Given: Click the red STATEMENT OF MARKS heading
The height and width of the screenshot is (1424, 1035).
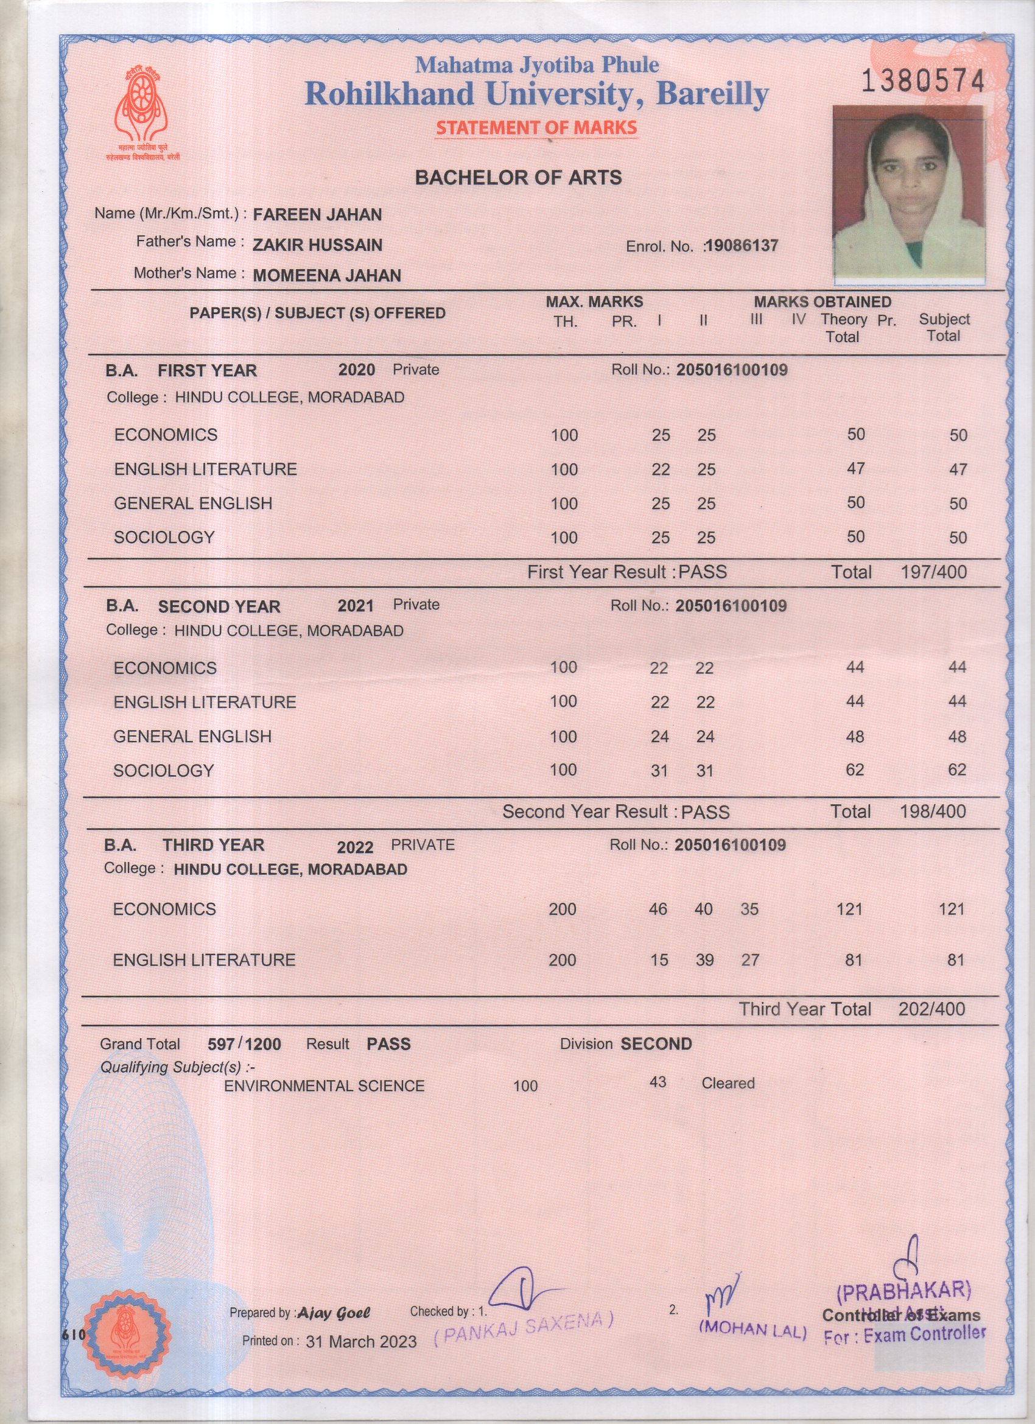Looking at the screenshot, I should (536, 127).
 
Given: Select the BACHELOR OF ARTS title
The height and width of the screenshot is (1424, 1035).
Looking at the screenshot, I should (518, 178).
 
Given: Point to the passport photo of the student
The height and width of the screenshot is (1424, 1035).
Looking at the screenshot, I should (908, 194).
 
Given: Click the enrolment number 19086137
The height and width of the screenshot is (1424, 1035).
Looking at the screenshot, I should (741, 245).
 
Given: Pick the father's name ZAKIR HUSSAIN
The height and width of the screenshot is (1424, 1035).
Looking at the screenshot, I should (317, 245).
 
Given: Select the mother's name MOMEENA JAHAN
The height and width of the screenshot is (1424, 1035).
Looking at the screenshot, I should (326, 276).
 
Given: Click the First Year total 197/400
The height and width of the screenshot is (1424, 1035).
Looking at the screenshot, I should (933, 572).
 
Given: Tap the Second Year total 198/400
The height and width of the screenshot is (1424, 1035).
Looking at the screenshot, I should (933, 811).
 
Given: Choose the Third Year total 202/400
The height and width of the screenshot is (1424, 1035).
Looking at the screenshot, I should (931, 1009).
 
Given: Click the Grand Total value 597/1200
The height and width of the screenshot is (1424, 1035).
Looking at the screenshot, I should (244, 1044).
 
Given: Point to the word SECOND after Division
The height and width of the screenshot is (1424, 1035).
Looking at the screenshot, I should (656, 1044).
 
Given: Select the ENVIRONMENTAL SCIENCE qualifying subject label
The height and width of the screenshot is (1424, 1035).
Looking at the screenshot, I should (324, 1086).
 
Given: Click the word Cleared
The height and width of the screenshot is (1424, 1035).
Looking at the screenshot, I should (728, 1083).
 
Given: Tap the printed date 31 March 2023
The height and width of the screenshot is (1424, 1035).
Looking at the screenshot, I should (361, 1342).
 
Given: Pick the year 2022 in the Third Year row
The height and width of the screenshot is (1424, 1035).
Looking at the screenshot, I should (355, 847).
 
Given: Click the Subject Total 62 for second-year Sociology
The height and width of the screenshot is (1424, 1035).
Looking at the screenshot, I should (956, 770).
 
